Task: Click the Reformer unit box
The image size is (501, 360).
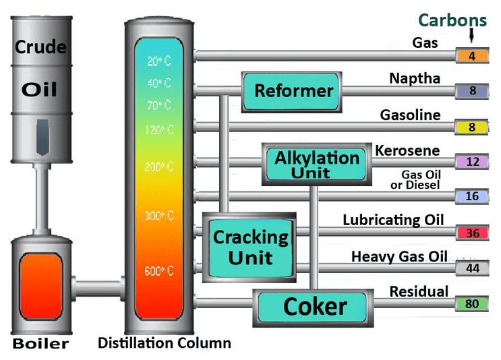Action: (294, 91)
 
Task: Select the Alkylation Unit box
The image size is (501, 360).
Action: (316, 164)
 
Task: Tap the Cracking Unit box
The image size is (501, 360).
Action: (250, 246)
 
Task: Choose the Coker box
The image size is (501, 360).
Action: (314, 307)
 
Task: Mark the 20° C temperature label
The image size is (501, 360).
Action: (159, 61)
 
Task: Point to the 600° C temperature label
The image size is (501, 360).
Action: (159, 272)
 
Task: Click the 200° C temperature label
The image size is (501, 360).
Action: (159, 167)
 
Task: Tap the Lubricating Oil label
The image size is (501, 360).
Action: (393, 220)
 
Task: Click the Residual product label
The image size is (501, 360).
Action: (419, 291)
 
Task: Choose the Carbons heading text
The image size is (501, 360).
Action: (452, 20)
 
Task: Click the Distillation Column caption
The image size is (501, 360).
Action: (165, 342)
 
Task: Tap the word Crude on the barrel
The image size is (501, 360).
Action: (40, 48)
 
